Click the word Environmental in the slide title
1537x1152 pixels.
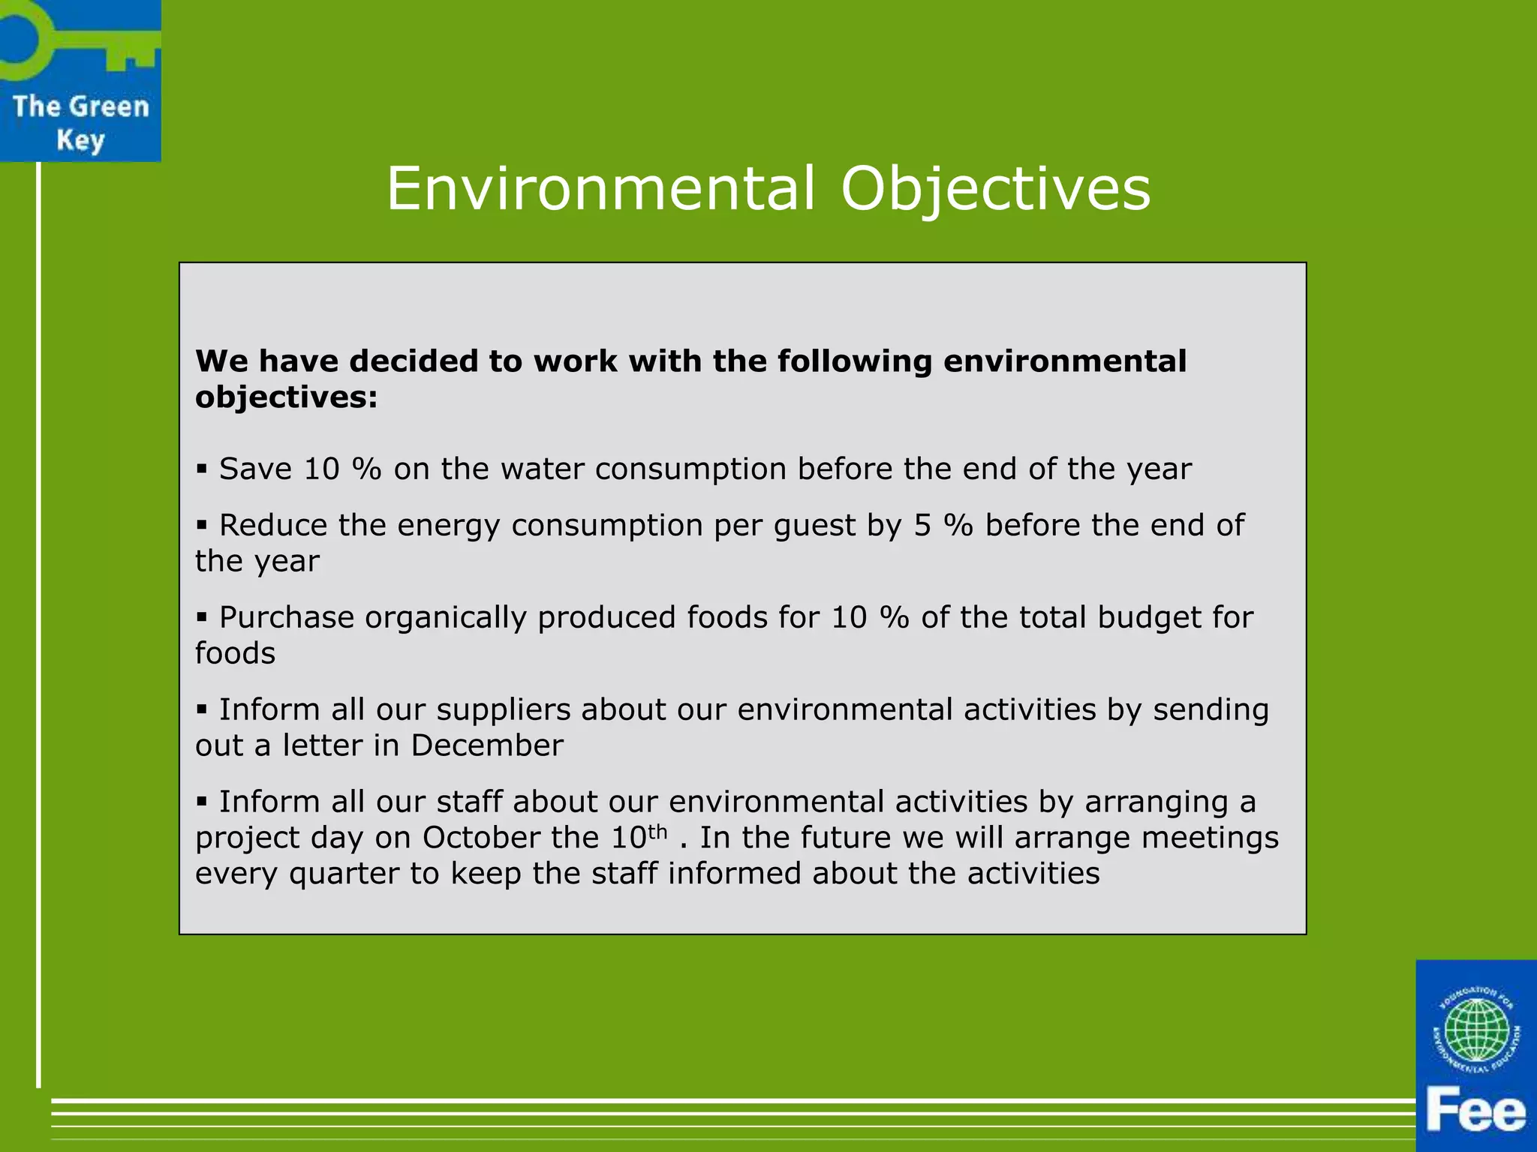(x=600, y=189)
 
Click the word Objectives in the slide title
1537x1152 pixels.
(x=995, y=189)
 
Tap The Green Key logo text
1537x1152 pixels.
(x=80, y=123)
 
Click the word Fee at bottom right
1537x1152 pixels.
(x=1475, y=1111)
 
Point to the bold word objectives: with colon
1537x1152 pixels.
(x=286, y=397)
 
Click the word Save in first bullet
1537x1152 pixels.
(x=255, y=469)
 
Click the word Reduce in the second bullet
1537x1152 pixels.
(x=272, y=525)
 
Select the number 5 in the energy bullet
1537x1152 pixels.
(x=922, y=525)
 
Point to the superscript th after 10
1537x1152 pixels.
(x=657, y=832)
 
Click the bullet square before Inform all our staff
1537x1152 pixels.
(x=201, y=801)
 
